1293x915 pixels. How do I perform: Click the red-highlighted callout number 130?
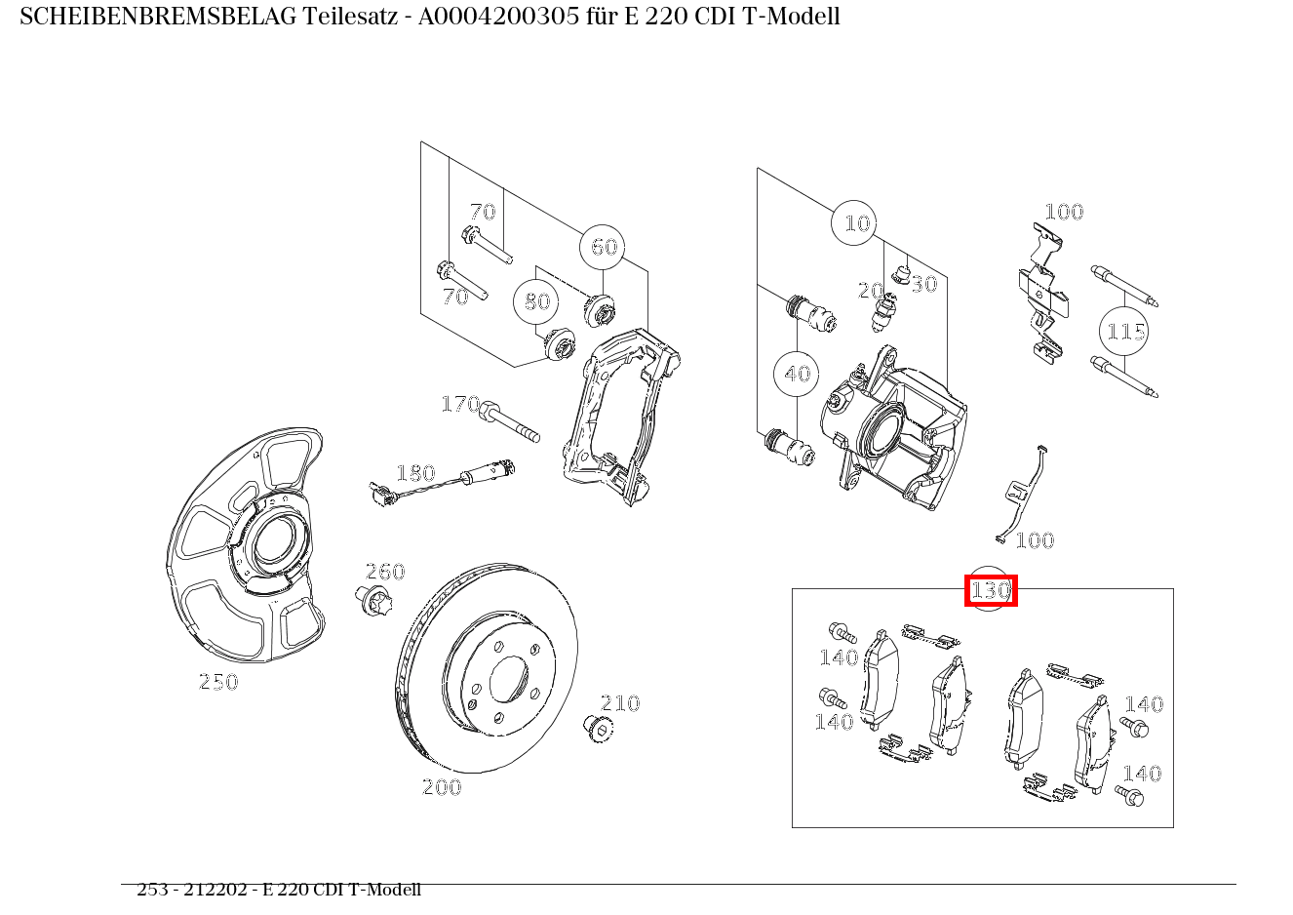click(990, 590)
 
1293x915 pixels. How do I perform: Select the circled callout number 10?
click(855, 224)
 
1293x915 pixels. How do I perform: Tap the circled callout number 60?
click(603, 247)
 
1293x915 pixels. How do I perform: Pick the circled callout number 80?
click(536, 301)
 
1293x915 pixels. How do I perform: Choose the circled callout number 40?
click(797, 374)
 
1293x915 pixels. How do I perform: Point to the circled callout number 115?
click(1124, 332)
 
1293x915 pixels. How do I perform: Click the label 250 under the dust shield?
click(218, 682)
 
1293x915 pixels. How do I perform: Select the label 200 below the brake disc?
click(441, 787)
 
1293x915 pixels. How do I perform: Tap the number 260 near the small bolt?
click(384, 572)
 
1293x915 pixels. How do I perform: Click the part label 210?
click(619, 703)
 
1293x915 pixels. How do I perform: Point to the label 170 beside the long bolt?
click(460, 404)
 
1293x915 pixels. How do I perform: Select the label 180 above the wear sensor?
click(414, 473)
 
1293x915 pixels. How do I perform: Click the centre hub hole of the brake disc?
click(508, 678)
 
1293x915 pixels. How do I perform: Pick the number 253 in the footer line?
click(152, 890)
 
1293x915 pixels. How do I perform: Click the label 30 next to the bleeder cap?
click(923, 284)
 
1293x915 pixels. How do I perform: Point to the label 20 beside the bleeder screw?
click(869, 291)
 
